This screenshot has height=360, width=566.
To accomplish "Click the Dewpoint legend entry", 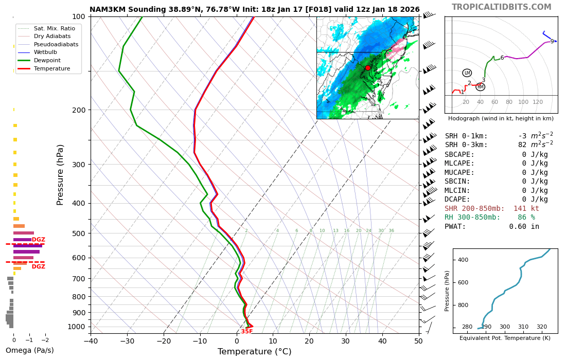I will click(47, 61).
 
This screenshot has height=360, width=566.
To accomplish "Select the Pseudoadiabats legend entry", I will click(56, 44).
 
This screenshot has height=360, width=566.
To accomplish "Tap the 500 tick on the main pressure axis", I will click(78, 233).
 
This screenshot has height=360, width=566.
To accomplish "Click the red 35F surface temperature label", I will click(247, 332).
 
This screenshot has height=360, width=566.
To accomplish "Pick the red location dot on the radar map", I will click(367, 68).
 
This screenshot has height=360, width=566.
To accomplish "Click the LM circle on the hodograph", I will click(467, 73).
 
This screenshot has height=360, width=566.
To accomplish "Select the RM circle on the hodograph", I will click(480, 87).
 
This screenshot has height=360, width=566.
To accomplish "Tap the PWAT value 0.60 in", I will click(524, 227).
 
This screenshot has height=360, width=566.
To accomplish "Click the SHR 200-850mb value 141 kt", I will click(526, 208).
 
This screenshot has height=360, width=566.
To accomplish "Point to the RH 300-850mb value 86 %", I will click(526, 218).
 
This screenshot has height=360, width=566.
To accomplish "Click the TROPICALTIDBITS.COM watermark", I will click(501, 7).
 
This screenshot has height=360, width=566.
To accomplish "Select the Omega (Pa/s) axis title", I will click(29, 351).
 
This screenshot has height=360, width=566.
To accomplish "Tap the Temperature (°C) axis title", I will click(254, 352).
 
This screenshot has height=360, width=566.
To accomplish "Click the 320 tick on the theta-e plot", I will click(542, 327).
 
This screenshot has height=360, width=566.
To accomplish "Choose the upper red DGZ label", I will click(39, 240).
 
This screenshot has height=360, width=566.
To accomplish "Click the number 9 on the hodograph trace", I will click(552, 42).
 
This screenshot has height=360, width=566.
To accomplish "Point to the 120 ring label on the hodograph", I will click(538, 102).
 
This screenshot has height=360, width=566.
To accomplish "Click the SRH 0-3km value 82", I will click(522, 145).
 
